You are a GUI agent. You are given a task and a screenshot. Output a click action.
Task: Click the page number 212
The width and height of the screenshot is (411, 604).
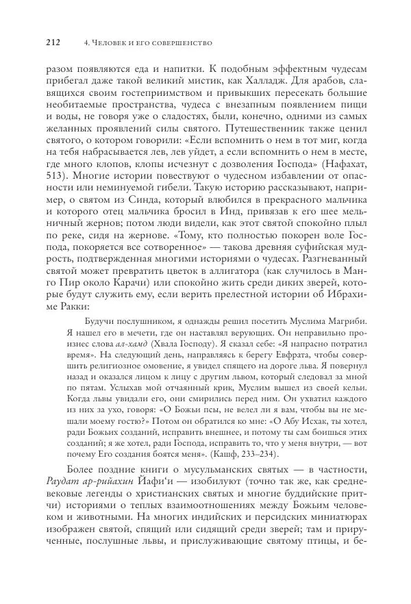pyautogui.click(x=53, y=43)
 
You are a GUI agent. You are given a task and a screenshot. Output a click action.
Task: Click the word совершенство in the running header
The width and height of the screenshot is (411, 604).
pyautogui.click(x=180, y=43)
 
